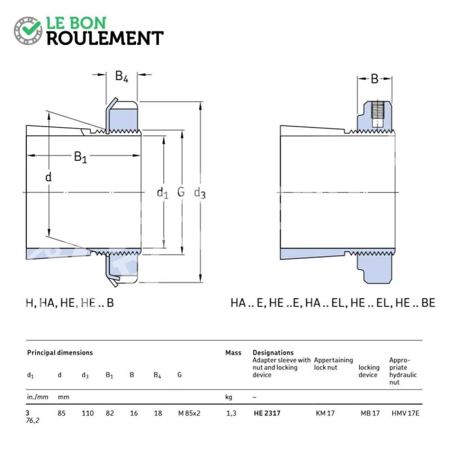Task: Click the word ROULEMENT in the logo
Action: click(x=105, y=38)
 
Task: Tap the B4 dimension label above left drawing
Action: click(x=121, y=76)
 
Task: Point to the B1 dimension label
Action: click(x=80, y=157)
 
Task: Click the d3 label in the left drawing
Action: click(x=200, y=193)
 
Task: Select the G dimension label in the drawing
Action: click(x=181, y=192)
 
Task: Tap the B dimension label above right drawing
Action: click(x=375, y=79)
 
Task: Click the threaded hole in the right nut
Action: click(x=377, y=114)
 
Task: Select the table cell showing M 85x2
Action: click(x=189, y=413)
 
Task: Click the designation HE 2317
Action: click(x=267, y=413)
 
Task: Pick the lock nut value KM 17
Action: click(x=325, y=413)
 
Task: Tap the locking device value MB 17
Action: click(x=370, y=413)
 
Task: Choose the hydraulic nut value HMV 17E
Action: click(x=405, y=413)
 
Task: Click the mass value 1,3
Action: click(x=231, y=413)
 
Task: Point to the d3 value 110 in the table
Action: click(x=88, y=413)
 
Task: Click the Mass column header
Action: click(x=233, y=353)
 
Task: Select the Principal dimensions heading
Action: click(x=60, y=353)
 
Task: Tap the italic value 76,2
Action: click(x=33, y=421)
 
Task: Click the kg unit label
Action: click(x=229, y=397)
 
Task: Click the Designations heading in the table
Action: click(x=273, y=353)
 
